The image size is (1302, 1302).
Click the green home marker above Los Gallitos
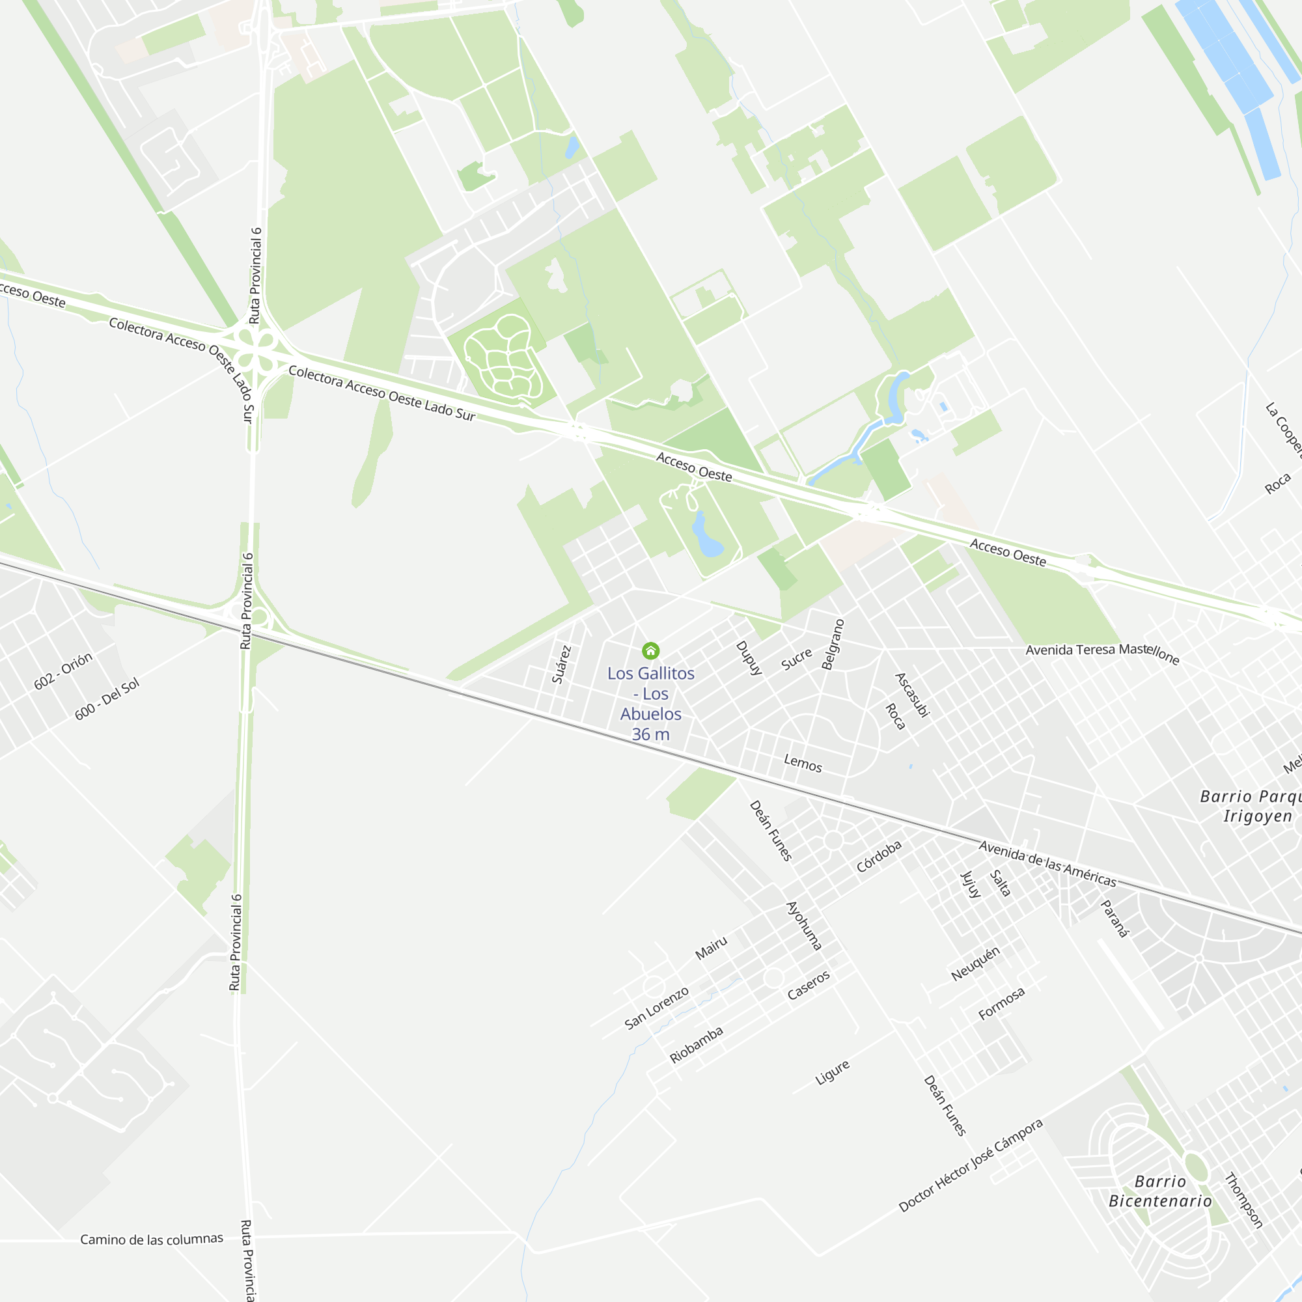pyautogui.click(x=650, y=650)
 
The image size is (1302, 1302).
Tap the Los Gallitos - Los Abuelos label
pyautogui.click(x=650, y=703)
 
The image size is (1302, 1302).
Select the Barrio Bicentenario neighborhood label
pyautogui.click(x=1160, y=1191)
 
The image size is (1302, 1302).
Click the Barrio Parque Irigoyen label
pyautogui.click(x=1250, y=806)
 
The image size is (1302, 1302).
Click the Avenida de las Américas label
pyautogui.click(x=1047, y=864)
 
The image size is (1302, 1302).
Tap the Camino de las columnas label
pyautogui.click(x=152, y=1240)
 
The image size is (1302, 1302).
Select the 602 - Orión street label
pyautogui.click(x=63, y=671)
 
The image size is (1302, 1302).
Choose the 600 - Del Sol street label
pyautogui.click(x=107, y=698)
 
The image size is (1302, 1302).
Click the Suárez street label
pyautogui.click(x=561, y=665)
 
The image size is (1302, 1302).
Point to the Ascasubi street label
pyautogui.click(x=913, y=695)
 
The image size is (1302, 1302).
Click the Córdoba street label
pyautogui.click(x=879, y=857)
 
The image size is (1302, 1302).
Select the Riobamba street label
pyautogui.click(x=696, y=1045)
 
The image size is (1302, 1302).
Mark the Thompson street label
pyautogui.click(x=1243, y=1200)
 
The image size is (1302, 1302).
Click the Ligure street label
pyautogui.click(x=832, y=1072)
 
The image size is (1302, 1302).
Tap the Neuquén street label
pyautogui.click(x=975, y=963)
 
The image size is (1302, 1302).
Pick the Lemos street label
pyautogui.click(x=803, y=764)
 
